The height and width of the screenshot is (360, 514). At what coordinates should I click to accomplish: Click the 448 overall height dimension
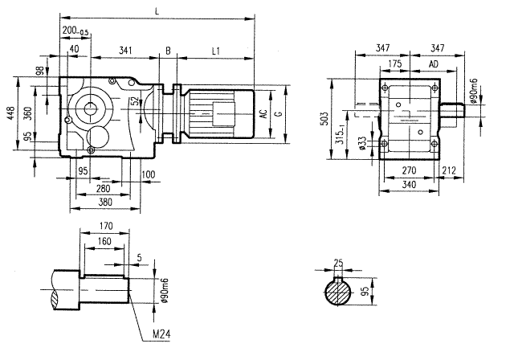tap(10, 114)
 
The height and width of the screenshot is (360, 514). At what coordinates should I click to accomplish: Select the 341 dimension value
tap(125, 50)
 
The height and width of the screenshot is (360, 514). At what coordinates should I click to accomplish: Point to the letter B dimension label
tap(168, 50)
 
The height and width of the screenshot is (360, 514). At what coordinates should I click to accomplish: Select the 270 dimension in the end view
tap(409, 171)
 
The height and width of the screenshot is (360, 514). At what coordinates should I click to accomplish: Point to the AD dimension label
tap(433, 62)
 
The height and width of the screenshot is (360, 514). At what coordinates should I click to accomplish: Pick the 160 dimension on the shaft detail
tap(104, 240)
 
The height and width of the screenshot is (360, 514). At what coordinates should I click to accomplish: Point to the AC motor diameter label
tap(264, 114)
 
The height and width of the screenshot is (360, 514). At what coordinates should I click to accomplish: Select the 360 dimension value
tap(28, 114)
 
